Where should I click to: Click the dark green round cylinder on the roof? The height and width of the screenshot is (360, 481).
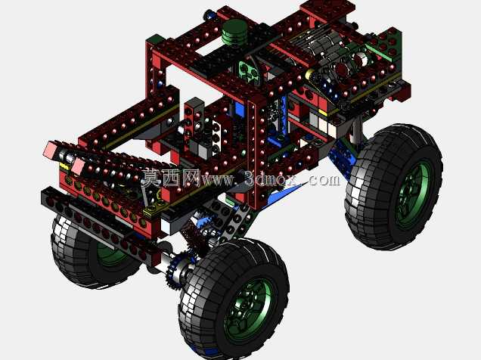coord(234,32)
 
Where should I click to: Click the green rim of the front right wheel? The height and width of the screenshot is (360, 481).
coord(249,309)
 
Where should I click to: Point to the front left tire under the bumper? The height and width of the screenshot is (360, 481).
coord(89,251)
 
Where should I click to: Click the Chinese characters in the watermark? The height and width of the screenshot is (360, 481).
coord(171,178)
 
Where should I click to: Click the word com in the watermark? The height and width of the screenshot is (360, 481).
coord(324,180)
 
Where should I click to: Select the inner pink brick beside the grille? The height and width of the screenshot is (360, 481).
coord(79,166)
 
